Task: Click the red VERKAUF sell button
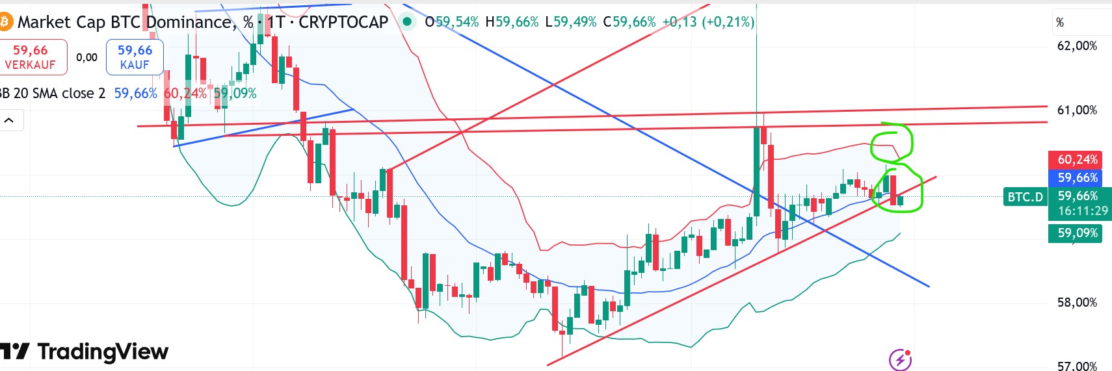click(x=31, y=57)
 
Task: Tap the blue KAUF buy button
click(x=135, y=57)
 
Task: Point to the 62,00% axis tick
click(x=1077, y=46)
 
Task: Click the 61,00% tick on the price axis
click(x=1077, y=110)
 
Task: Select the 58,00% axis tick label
click(x=1077, y=302)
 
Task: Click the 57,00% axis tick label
click(x=1077, y=366)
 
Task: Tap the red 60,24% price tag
click(x=1077, y=159)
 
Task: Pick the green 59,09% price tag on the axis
click(x=1077, y=233)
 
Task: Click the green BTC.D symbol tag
click(x=1025, y=197)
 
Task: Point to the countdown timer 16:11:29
click(x=1082, y=211)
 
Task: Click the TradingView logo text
click(x=103, y=352)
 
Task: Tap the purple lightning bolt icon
click(x=900, y=359)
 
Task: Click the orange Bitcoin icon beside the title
click(x=5, y=22)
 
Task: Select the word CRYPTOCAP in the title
click(x=343, y=22)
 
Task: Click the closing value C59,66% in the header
click(x=629, y=22)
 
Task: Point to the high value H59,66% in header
click(x=512, y=22)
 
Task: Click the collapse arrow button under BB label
click(x=10, y=120)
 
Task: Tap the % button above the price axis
click(x=1060, y=23)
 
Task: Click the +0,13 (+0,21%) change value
click(x=708, y=22)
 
